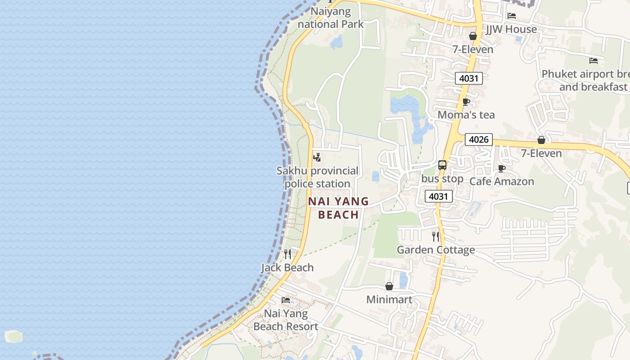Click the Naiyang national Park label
(330, 18)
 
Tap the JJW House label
(511, 29)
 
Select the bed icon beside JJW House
(512, 16)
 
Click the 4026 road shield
(478, 139)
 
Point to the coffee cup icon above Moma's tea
(466, 102)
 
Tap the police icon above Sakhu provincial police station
(317, 157)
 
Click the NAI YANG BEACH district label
(338, 208)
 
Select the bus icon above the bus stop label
(442, 165)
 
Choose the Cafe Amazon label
(502, 181)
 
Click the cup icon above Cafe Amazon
(502, 169)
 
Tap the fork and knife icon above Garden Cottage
(435, 237)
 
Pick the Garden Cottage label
(436, 250)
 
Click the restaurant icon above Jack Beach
(288, 255)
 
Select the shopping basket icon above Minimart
(389, 287)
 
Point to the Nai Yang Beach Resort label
(286, 320)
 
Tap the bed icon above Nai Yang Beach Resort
(286, 300)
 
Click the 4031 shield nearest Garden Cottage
(438, 196)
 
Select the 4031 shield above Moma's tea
(468, 78)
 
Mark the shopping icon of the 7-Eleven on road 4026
(541, 140)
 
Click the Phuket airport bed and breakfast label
(585, 80)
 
